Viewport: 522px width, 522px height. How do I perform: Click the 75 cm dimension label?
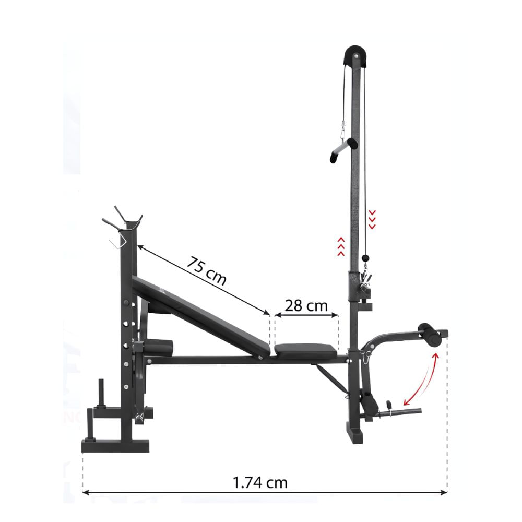[206, 270]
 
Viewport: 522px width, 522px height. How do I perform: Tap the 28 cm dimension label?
[306, 305]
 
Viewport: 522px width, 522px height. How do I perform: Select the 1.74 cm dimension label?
[259, 482]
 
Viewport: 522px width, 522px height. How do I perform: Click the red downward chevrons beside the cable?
[372, 219]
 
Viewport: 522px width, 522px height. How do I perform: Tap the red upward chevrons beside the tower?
[340, 247]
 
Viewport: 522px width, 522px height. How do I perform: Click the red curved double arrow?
[421, 379]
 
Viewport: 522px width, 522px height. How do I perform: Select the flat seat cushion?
[305, 351]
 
